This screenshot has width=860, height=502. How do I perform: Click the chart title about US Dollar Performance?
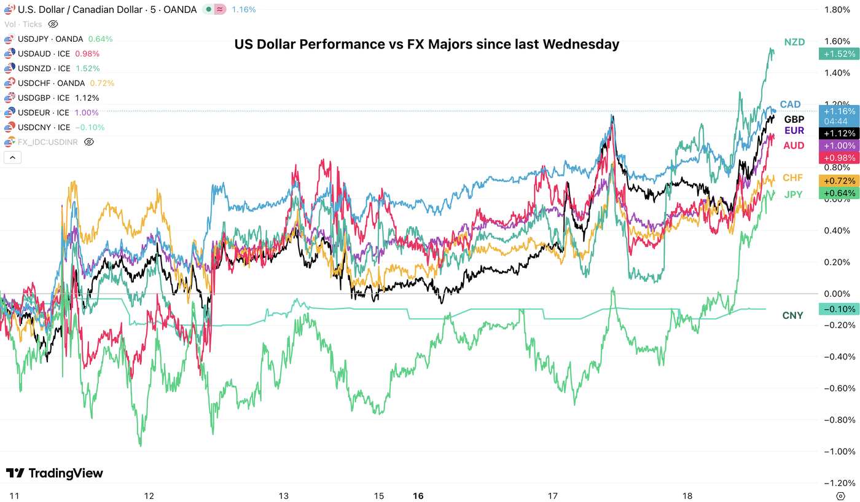point(426,44)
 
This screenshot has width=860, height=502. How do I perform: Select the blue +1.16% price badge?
point(839,111)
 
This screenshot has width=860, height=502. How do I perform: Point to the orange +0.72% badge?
point(839,181)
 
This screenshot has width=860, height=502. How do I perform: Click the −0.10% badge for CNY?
point(839,308)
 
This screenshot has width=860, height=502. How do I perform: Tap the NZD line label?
point(794,42)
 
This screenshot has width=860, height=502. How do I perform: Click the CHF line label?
point(792,178)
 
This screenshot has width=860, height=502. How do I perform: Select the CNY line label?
point(792,315)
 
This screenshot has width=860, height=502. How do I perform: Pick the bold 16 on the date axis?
point(418,495)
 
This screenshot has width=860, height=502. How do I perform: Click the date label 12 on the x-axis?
point(148,495)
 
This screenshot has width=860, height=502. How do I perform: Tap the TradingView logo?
point(55,473)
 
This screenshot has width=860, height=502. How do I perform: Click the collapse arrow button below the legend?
point(12,157)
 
